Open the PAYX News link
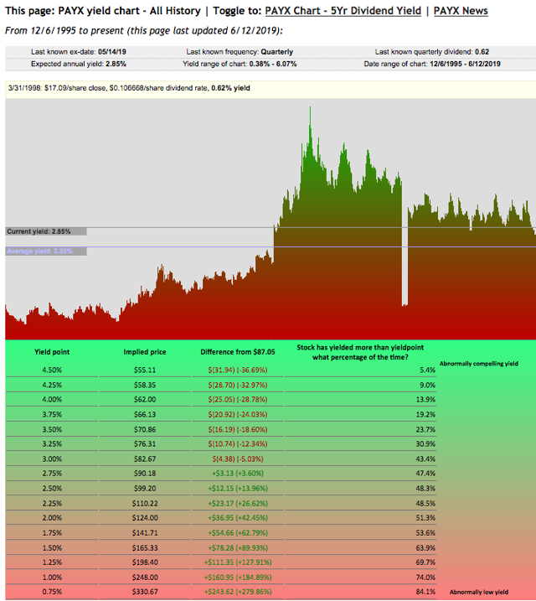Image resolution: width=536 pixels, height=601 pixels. point(461,11)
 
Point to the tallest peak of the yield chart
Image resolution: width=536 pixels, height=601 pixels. point(310,108)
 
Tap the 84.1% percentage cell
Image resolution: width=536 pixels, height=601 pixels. point(425,591)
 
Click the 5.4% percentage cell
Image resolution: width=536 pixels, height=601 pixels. point(427,369)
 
